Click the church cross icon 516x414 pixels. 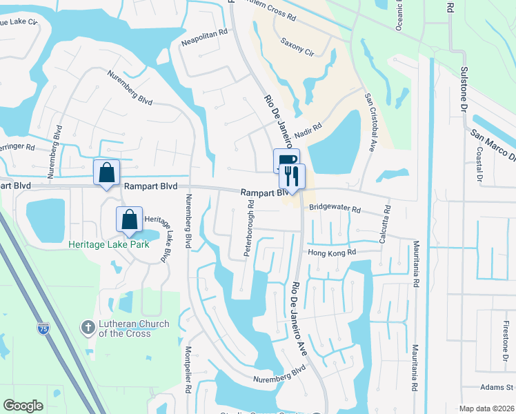point(88,328)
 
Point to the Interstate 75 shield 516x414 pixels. point(44,328)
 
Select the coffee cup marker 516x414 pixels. point(286,161)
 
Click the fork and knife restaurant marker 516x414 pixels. point(292,176)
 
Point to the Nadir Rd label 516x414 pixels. point(308,130)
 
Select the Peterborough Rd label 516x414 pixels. point(249,229)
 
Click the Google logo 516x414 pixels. point(23,406)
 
